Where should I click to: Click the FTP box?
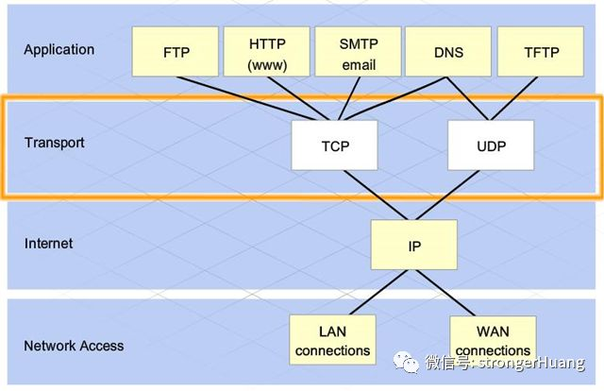click(176, 51)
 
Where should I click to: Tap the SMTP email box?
click(357, 51)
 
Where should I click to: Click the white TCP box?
click(334, 147)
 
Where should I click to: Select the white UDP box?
click(491, 147)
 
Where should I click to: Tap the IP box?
click(413, 246)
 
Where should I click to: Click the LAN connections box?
click(332, 340)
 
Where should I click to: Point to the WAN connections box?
click(493, 340)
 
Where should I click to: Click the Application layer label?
click(59, 49)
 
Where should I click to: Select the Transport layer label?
click(55, 143)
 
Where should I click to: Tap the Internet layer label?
click(48, 244)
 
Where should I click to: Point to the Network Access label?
click(74, 346)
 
